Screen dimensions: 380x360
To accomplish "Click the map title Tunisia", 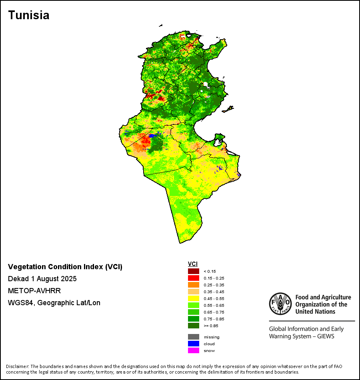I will tap(29, 15).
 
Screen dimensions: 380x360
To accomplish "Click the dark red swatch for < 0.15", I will tap(194, 272).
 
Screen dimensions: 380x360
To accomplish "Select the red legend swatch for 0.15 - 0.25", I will tap(194, 278).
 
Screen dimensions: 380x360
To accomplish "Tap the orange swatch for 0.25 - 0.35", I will tap(194, 285).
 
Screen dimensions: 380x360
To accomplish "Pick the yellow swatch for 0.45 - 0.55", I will tap(194, 299).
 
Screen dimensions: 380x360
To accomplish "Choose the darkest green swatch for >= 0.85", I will tap(194, 326).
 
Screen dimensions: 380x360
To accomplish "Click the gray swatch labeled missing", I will tap(194, 337).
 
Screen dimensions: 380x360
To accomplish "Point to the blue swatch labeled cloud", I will tap(194, 344).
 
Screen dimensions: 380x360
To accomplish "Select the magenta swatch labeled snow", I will tap(194, 350).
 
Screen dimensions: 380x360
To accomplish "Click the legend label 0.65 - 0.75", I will tap(214, 312).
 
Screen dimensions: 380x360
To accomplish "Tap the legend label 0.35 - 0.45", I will tap(214, 292).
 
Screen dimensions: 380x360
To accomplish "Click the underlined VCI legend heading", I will tap(193, 264).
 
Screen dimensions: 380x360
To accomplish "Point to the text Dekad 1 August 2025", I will tap(42, 279).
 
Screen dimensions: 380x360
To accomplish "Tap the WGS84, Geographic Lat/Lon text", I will tap(54, 303).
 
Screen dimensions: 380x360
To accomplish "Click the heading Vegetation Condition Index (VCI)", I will tap(65, 267).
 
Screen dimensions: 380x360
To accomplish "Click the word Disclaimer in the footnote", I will tap(17, 366).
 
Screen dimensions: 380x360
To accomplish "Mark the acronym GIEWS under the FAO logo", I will tap(324, 336).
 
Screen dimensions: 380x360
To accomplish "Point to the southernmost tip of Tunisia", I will tap(180, 242).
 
